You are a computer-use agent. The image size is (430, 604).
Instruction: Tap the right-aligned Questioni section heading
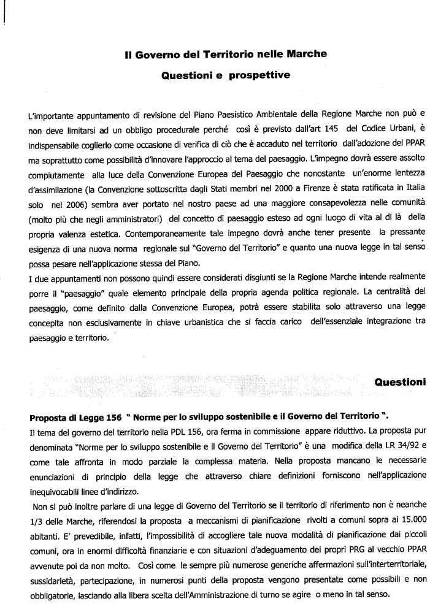point(400,381)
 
